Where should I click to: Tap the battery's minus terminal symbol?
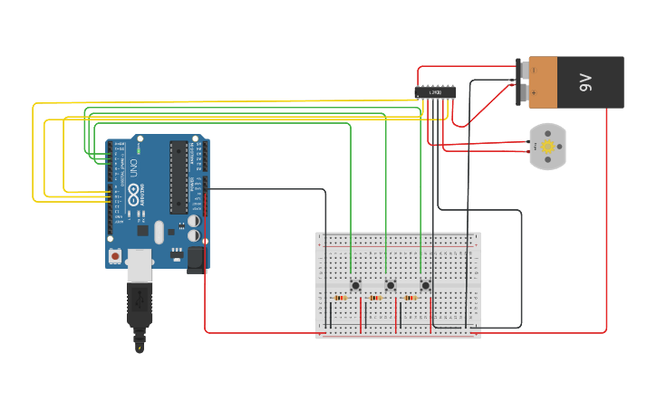point(533,70)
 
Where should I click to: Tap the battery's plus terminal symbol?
point(533,93)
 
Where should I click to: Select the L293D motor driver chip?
point(434,91)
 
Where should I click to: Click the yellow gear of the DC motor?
point(546,146)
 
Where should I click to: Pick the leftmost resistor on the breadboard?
point(340,298)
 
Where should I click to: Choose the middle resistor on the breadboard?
point(375,298)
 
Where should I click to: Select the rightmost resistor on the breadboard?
point(411,298)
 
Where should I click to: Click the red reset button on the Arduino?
point(115,256)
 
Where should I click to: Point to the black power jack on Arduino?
point(197,260)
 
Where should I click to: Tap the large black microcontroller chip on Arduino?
point(178,177)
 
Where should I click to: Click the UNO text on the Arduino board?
point(130,168)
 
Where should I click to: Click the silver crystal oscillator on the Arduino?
point(159,233)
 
